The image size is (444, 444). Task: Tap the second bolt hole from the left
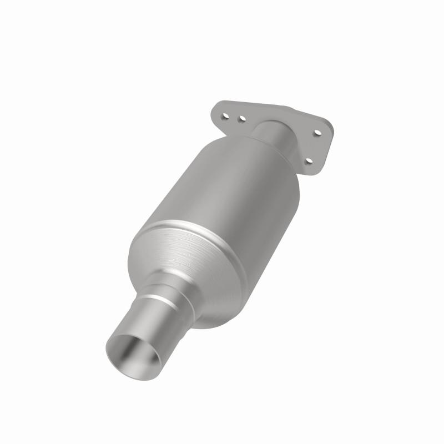(x=242, y=118)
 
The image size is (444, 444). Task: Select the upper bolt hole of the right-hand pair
(x=317, y=133)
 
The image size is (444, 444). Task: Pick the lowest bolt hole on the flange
(x=309, y=162)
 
